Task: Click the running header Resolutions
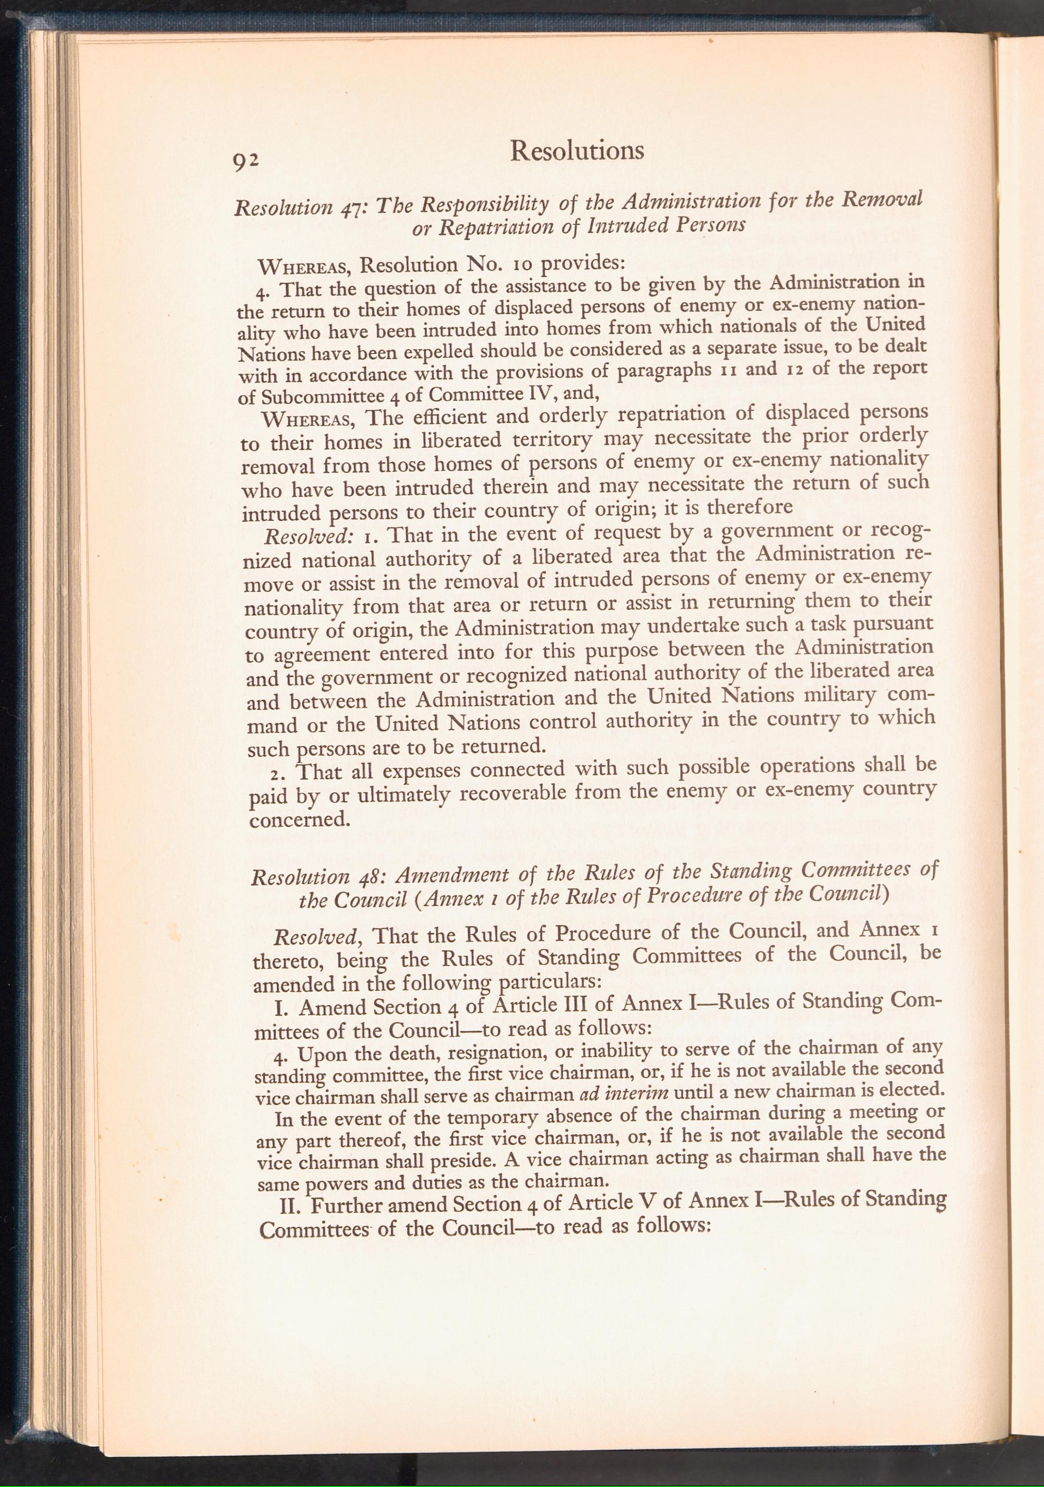576,151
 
